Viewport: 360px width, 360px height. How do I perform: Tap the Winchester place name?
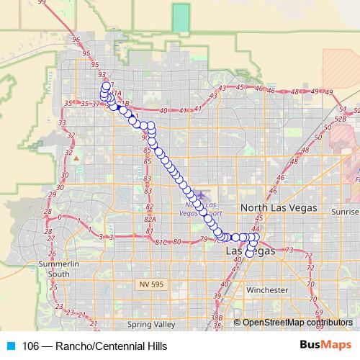(x=266, y=290)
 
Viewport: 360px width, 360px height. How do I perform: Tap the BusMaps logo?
(x=325, y=345)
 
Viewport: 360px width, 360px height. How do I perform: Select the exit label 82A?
(x=150, y=217)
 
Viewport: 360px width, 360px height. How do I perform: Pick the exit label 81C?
(x=161, y=242)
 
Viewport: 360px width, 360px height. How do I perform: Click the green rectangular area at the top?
(x=181, y=18)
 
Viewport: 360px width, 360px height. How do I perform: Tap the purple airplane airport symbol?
(x=201, y=194)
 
